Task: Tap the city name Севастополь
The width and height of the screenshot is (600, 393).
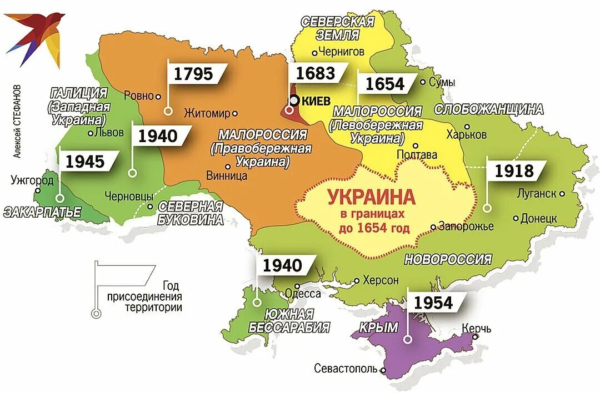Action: point(346,368)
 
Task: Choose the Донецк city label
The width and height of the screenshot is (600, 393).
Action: point(538,219)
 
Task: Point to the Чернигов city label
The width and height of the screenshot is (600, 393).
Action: point(342,52)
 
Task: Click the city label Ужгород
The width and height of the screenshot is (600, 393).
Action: point(33,180)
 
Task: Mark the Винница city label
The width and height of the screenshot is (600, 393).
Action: point(226,176)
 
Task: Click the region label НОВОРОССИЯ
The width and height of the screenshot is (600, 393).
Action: point(448,259)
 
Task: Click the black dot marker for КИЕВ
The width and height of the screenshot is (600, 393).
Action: point(294,100)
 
